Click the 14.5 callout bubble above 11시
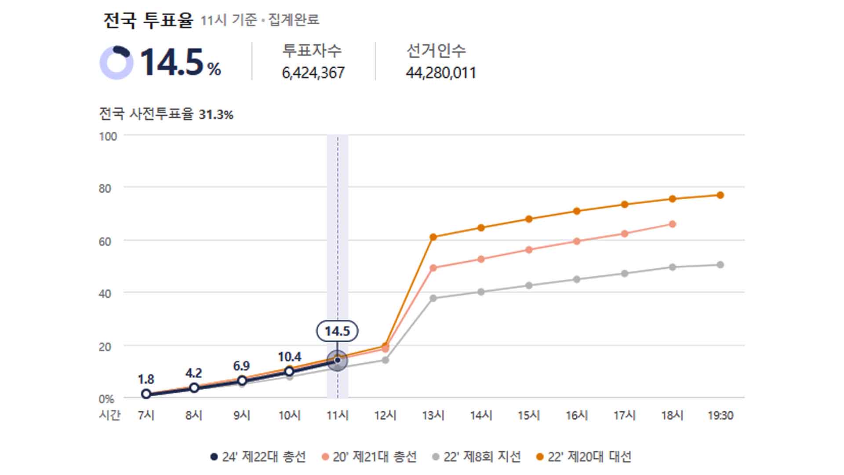[x=337, y=331]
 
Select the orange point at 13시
[x=433, y=237]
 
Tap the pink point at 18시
[x=672, y=224]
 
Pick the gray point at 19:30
[x=720, y=265]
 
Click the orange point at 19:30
[x=720, y=195]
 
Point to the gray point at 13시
[x=433, y=298]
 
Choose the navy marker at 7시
[x=146, y=394]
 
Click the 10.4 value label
[x=289, y=357]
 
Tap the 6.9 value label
[x=241, y=366]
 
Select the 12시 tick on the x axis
[x=385, y=415]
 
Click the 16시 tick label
[x=577, y=415]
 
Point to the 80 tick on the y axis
[x=105, y=189]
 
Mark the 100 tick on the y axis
[x=108, y=136]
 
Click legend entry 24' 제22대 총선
[x=258, y=457]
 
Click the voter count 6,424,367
[x=313, y=73]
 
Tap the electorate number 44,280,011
[x=440, y=73]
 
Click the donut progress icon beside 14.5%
[x=116, y=62]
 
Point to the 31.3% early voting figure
[x=216, y=115]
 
